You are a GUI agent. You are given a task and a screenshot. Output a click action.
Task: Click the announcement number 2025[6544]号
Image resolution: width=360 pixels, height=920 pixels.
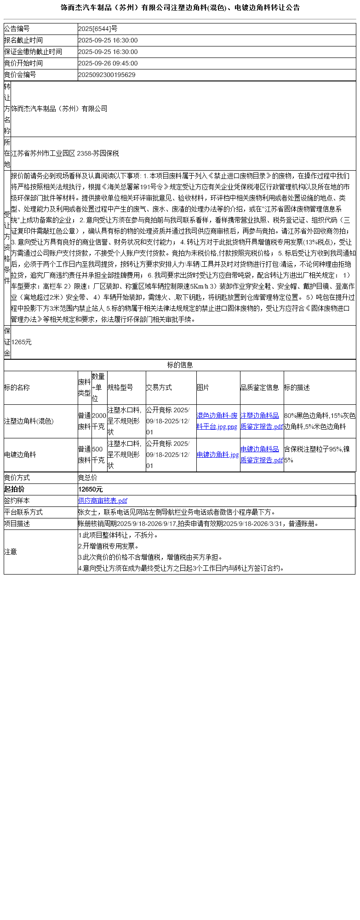click(x=98, y=29)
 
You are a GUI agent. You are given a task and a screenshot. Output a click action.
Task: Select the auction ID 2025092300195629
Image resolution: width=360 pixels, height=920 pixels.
click(x=107, y=75)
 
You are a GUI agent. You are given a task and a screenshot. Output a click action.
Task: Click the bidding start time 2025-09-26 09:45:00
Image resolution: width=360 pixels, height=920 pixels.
click(x=108, y=63)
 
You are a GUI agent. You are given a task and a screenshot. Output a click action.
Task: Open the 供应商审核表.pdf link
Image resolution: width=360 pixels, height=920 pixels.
click(x=103, y=500)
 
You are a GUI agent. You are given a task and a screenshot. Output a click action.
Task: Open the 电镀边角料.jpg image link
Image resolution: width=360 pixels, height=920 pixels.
click(x=218, y=454)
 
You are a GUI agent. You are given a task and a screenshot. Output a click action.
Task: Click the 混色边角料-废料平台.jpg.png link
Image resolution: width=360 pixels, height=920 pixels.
click(x=217, y=421)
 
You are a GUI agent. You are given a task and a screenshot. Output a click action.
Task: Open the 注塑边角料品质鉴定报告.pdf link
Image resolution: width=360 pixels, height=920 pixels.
click(x=262, y=421)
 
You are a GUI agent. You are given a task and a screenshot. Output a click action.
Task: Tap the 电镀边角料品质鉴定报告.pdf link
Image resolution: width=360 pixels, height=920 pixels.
click(x=262, y=454)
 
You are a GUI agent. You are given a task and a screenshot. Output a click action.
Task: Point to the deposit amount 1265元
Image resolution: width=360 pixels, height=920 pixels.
click(x=22, y=342)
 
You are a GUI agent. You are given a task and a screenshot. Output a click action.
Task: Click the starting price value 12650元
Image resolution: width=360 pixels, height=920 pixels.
click(x=91, y=489)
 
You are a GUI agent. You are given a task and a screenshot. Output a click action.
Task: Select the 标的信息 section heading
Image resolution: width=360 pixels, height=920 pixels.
click(x=180, y=365)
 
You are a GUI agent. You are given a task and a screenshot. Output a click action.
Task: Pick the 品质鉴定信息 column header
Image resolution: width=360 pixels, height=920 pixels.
click(x=260, y=387)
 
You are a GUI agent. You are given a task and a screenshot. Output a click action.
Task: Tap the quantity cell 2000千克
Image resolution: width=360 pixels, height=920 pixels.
click(x=99, y=421)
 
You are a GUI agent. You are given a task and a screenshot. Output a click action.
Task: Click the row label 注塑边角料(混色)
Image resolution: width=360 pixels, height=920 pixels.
click(x=29, y=421)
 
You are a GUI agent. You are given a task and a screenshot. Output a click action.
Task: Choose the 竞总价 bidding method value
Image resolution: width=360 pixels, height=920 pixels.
click(x=88, y=477)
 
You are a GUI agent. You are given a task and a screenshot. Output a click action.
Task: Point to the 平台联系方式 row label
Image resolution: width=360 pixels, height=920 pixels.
click(x=23, y=512)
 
